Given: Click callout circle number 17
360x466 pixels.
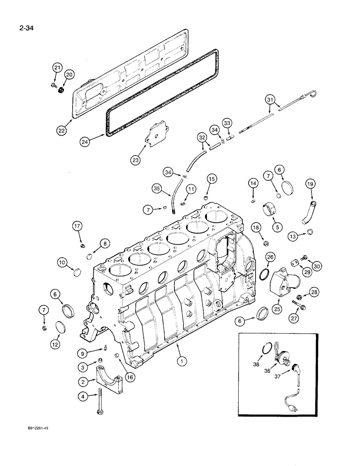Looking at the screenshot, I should (77, 227).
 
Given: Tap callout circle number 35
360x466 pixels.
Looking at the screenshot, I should (158, 189).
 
